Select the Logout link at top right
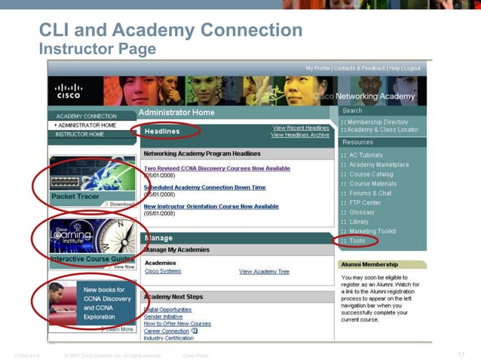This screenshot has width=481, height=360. (x=412, y=69)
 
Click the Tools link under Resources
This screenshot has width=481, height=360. (x=357, y=241)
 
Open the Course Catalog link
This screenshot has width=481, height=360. (x=371, y=174)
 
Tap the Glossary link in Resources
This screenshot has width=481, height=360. (x=362, y=212)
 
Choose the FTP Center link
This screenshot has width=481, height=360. (x=365, y=203)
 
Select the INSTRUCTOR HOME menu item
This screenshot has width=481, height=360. (x=80, y=134)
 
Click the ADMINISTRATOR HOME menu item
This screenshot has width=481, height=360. (x=87, y=125)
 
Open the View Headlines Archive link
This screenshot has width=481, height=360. (x=300, y=135)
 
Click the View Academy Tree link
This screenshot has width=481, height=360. (x=264, y=271)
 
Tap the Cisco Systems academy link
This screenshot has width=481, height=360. (x=163, y=271)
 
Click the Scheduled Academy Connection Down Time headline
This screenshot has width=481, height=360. (x=204, y=188)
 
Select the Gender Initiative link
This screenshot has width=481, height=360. (x=164, y=316)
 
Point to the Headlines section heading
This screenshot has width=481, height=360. (x=162, y=131)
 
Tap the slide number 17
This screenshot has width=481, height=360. (x=461, y=355)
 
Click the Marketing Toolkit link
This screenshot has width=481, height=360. (x=372, y=231)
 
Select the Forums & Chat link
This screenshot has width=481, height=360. (x=370, y=193)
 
